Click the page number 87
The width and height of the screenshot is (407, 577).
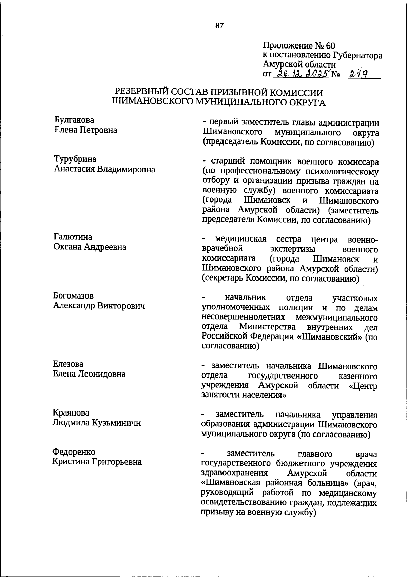[x=219, y=26]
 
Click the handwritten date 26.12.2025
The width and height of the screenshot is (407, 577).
[x=302, y=73]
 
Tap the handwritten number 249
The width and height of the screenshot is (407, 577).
[x=359, y=73]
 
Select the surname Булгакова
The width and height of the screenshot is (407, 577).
[x=74, y=120]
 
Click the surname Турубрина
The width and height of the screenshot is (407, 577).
[x=75, y=159]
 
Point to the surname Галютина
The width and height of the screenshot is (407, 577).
[x=73, y=237]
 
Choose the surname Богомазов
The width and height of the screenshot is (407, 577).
[x=73, y=296]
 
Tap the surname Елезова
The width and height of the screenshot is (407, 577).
[x=68, y=364]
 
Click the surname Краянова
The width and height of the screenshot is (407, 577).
[x=71, y=413]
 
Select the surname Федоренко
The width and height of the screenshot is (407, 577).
[x=74, y=452]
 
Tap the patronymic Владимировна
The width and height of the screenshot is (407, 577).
[x=126, y=169]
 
